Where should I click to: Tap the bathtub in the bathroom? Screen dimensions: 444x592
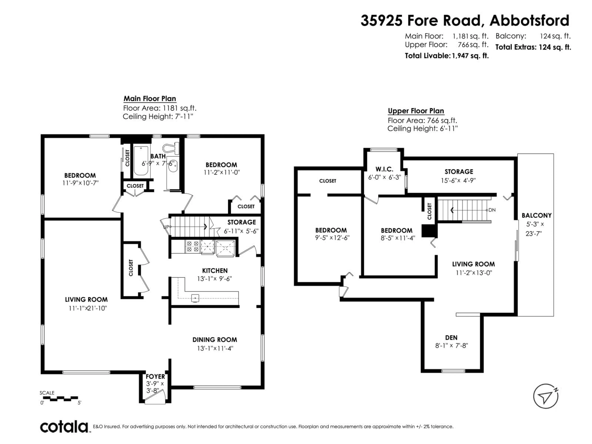pos(141,161)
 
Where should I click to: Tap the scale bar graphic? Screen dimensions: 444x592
pos(60,399)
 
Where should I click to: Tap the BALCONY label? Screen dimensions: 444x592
pos(536,215)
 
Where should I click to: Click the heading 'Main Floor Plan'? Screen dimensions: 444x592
pos(150,99)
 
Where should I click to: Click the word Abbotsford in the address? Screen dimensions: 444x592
pos(529,21)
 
